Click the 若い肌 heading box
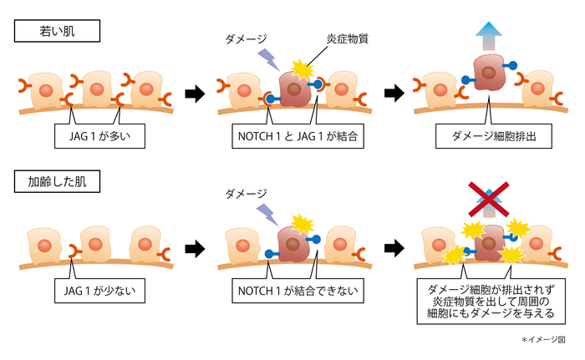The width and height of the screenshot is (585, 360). (x=57, y=31)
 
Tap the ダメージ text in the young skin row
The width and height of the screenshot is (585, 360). (x=247, y=38)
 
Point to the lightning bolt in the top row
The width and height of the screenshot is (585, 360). (x=270, y=58)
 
